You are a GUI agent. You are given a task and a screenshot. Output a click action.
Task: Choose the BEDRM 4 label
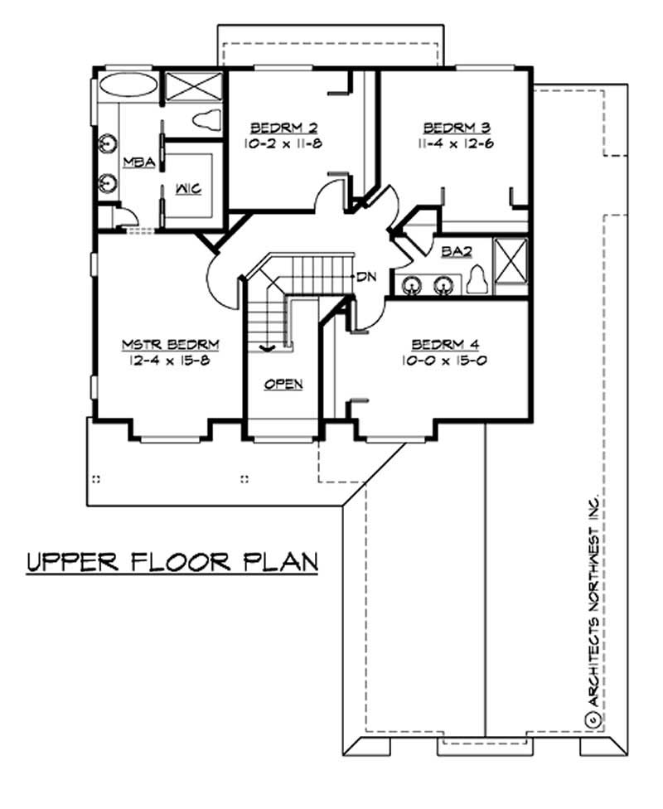click(x=445, y=346)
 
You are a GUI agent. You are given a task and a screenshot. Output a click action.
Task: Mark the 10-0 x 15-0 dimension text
click(x=445, y=361)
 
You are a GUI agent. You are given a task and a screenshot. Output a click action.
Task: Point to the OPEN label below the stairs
click(x=283, y=384)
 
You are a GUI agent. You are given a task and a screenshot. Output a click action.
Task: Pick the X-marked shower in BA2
click(x=510, y=264)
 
